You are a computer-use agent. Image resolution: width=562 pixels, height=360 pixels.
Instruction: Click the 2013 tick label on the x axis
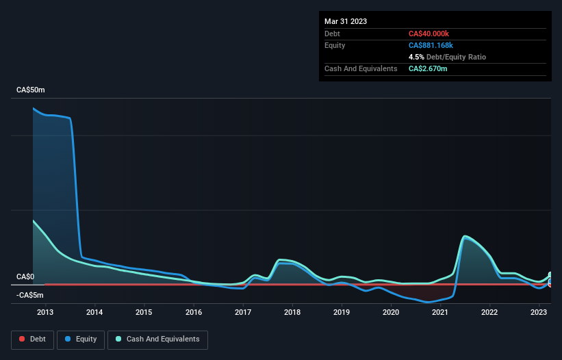[45, 312]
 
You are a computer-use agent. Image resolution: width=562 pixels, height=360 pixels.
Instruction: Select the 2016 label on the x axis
[194, 312]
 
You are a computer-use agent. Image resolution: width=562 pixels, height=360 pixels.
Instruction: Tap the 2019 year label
[342, 312]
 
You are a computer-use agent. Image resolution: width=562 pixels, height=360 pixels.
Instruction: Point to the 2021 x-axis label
[440, 312]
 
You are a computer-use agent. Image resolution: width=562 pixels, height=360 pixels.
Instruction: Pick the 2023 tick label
[539, 312]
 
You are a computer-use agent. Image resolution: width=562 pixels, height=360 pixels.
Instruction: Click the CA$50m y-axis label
[31, 90]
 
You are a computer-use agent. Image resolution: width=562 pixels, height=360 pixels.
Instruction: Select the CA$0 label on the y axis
[25, 277]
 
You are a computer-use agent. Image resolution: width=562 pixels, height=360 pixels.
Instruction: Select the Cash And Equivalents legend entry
[157, 339]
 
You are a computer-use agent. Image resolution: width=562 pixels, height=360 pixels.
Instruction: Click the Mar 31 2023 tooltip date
[346, 21]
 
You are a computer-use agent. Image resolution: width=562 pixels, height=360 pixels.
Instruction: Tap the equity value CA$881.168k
[431, 45]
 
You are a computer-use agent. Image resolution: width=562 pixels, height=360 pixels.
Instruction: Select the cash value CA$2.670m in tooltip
[428, 68]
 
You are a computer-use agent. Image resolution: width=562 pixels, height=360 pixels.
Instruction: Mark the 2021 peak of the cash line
[465, 236]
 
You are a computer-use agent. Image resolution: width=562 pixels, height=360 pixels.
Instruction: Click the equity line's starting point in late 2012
[33, 108]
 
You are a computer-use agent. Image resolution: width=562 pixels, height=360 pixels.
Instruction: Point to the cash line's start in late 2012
[33, 220]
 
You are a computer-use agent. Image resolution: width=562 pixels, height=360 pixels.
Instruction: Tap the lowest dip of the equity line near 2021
[429, 302]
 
